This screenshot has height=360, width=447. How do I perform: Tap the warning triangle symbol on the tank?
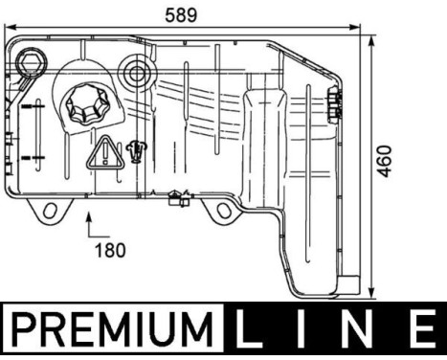[102, 153]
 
